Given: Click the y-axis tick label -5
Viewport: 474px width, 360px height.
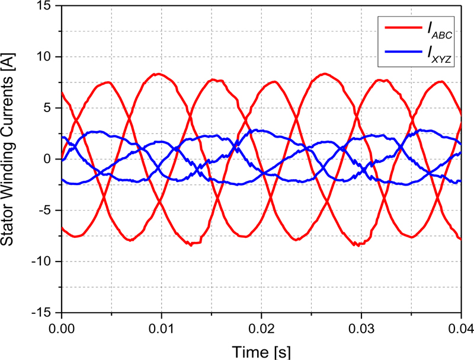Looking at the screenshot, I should [x=47, y=210].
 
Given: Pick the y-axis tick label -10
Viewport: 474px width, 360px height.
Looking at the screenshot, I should [x=44, y=262].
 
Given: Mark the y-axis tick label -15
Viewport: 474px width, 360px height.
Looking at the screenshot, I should [x=44, y=313].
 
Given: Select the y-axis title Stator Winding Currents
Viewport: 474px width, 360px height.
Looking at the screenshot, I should [x=12, y=159].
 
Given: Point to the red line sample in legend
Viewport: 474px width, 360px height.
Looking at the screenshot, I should [x=402, y=27].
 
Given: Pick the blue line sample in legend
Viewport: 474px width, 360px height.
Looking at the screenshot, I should [x=402, y=52].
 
